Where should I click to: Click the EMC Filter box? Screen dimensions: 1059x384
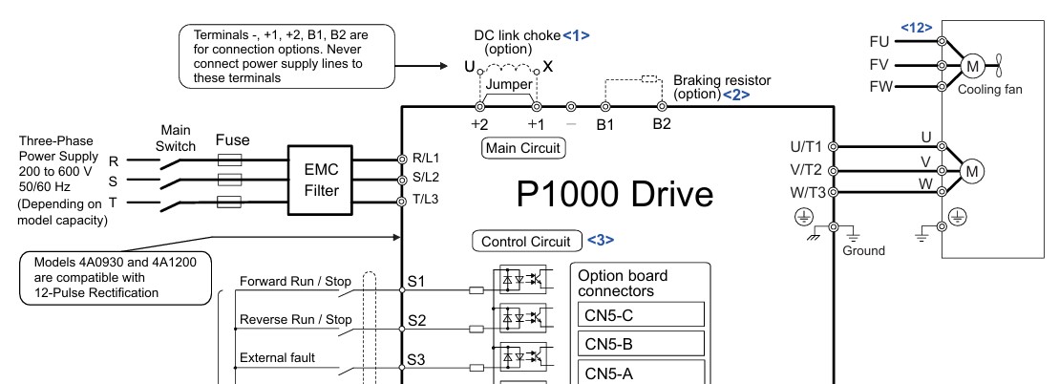(321, 181)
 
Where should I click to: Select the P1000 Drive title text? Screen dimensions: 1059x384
(615, 195)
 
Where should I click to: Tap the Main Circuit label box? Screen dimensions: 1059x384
(522, 148)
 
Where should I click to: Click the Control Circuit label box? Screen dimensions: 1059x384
(527, 242)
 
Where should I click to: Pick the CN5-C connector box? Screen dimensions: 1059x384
(641, 315)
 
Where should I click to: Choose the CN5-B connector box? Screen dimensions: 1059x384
(641, 344)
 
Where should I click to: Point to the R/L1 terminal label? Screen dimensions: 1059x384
(426, 159)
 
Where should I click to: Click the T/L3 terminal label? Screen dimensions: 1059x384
(426, 200)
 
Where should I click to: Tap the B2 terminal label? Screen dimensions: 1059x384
(662, 125)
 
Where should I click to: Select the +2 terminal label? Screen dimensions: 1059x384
(479, 125)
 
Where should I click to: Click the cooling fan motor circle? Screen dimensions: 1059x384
(972, 66)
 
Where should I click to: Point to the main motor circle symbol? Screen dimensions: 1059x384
(972, 172)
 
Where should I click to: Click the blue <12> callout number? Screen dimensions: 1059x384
(917, 28)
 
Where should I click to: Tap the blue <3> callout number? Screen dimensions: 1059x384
(601, 240)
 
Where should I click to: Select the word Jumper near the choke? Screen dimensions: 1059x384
(509, 84)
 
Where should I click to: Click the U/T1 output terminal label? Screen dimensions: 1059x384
(806, 147)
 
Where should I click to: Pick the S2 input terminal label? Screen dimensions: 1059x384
(416, 320)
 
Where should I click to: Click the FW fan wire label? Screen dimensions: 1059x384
(880, 87)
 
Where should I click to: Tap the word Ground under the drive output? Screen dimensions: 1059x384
(863, 251)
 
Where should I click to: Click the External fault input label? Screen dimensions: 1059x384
(277, 357)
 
